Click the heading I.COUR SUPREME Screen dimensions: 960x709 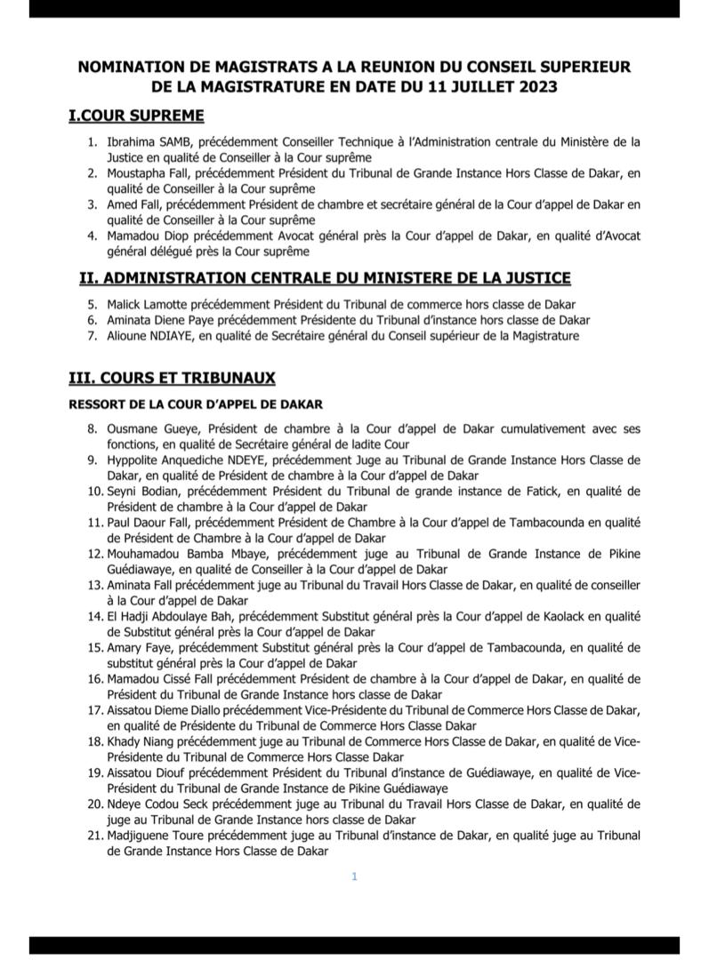click(x=137, y=116)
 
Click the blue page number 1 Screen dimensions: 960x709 click(x=354, y=876)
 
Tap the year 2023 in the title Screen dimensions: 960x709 click(x=530, y=86)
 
